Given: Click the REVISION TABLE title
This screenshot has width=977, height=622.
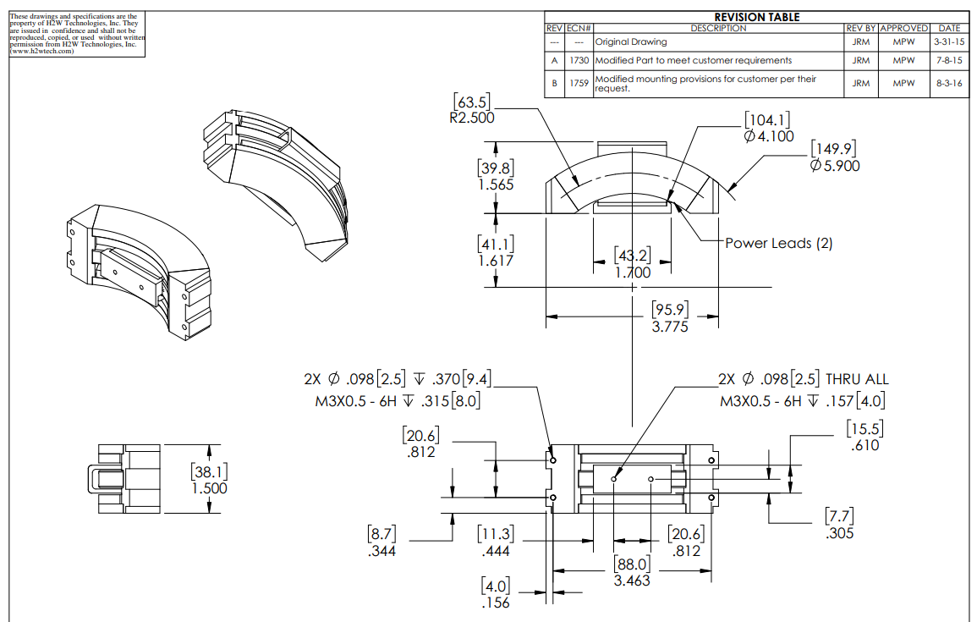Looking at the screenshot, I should tap(756, 17).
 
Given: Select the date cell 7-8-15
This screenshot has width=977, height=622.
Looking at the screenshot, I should tap(948, 61).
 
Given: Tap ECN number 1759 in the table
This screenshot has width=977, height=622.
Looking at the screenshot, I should tap(579, 84).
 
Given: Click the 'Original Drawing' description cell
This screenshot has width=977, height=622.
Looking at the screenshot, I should tap(631, 41).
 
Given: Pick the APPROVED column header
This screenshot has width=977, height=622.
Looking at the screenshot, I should tap(903, 29).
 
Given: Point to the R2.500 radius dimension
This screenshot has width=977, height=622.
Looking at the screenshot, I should tap(472, 118).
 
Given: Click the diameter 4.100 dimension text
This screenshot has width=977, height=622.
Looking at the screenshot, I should tap(769, 136).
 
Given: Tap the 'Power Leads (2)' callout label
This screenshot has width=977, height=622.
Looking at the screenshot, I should tap(778, 244).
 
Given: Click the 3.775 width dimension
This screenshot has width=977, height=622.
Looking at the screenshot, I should tap(670, 327).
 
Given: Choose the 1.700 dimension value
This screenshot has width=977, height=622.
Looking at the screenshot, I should tap(633, 273).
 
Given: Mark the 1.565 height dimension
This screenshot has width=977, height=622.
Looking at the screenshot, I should tap(496, 184).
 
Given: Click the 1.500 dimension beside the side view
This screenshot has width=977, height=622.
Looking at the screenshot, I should tap(209, 488).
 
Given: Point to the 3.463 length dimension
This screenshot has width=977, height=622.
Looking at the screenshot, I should tap(633, 581).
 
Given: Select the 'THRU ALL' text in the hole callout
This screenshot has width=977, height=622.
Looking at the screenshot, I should tap(857, 380).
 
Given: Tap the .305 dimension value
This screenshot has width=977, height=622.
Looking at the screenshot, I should tap(839, 533).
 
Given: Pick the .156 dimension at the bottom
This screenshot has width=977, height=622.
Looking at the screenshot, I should tap(496, 603).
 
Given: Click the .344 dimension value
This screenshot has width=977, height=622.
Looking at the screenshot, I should tap(382, 552).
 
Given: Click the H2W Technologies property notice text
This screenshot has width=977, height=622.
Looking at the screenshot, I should tap(76, 33).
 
